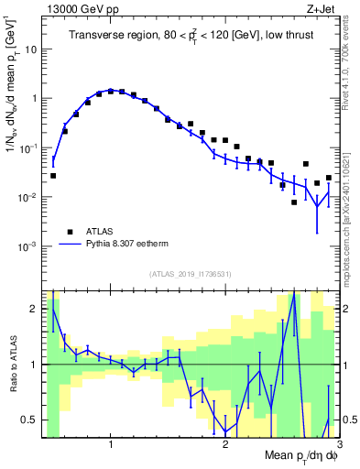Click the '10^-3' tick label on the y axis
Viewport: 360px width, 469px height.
30,246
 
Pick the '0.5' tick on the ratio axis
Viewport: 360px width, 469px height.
30,420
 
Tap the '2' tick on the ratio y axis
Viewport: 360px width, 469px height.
36,309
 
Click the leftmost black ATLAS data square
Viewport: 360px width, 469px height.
53,175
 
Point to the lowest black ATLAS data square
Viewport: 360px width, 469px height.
294,202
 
